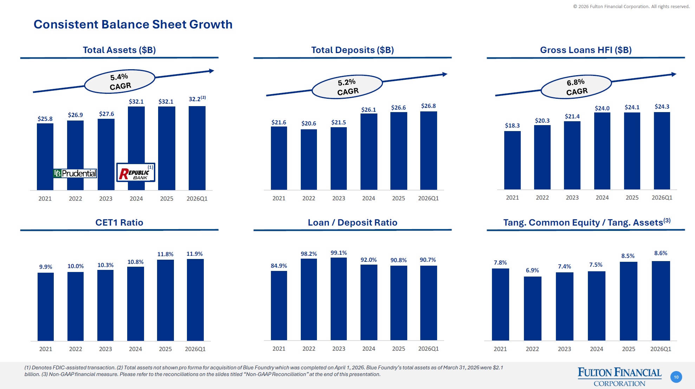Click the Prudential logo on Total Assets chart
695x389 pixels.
(75, 173)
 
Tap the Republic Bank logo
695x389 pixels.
(136, 172)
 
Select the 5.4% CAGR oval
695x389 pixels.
(120, 82)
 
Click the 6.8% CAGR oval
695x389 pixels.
(576, 87)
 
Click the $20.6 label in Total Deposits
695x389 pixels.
(308, 123)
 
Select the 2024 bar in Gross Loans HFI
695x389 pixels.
(602, 151)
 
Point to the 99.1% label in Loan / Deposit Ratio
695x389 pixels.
(338, 253)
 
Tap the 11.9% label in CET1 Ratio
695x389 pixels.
(194, 254)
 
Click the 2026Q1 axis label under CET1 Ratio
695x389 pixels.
(195, 349)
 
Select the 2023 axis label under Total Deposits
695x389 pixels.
(338, 198)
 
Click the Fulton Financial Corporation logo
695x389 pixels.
(619, 377)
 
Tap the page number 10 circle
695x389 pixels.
(676, 377)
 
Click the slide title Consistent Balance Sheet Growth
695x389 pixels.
(133, 24)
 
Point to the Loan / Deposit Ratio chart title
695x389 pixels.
(352, 222)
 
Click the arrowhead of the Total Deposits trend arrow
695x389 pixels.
(445, 74)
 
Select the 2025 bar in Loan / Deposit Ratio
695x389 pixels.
(398, 303)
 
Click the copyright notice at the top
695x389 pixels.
(631, 6)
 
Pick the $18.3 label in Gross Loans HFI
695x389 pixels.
(512, 125)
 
